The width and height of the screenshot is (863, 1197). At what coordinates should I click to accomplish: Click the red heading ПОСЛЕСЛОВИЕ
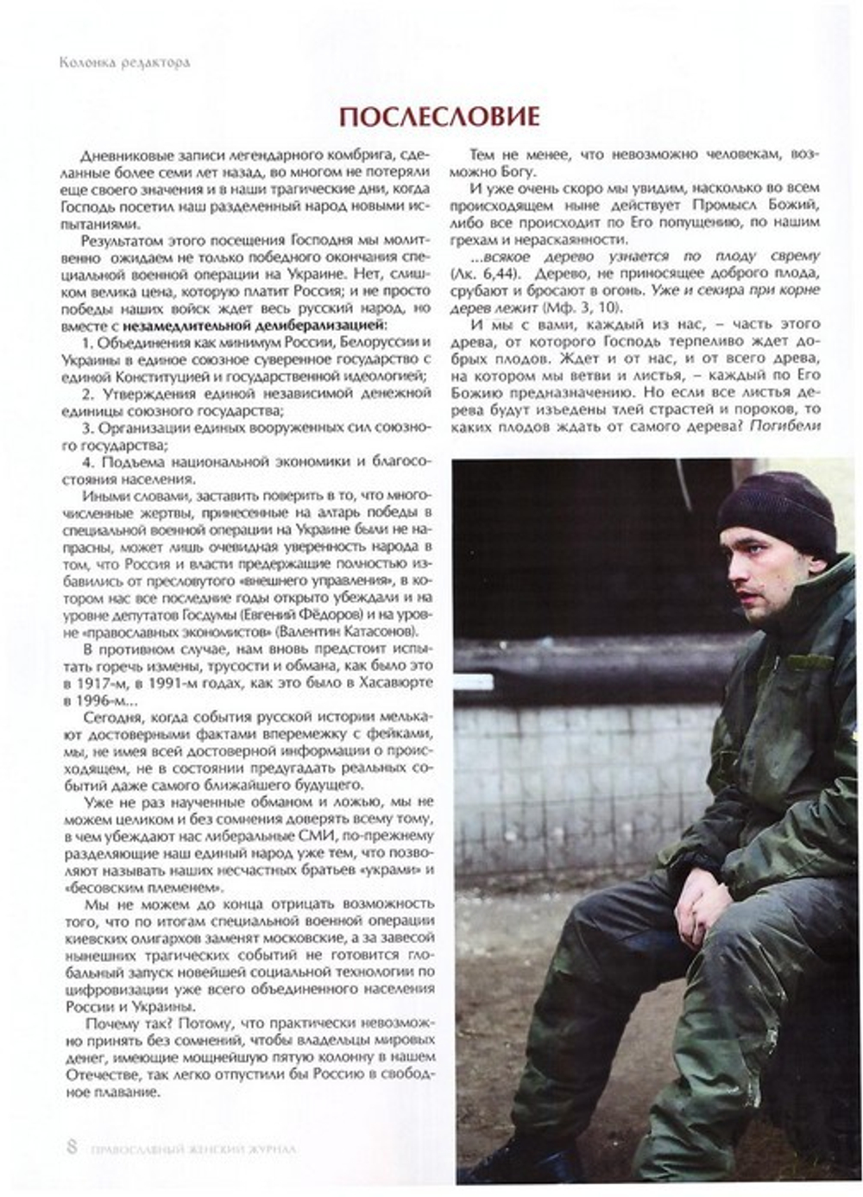click(439, 116)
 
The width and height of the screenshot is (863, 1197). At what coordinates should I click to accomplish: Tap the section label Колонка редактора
click(124, 63)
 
